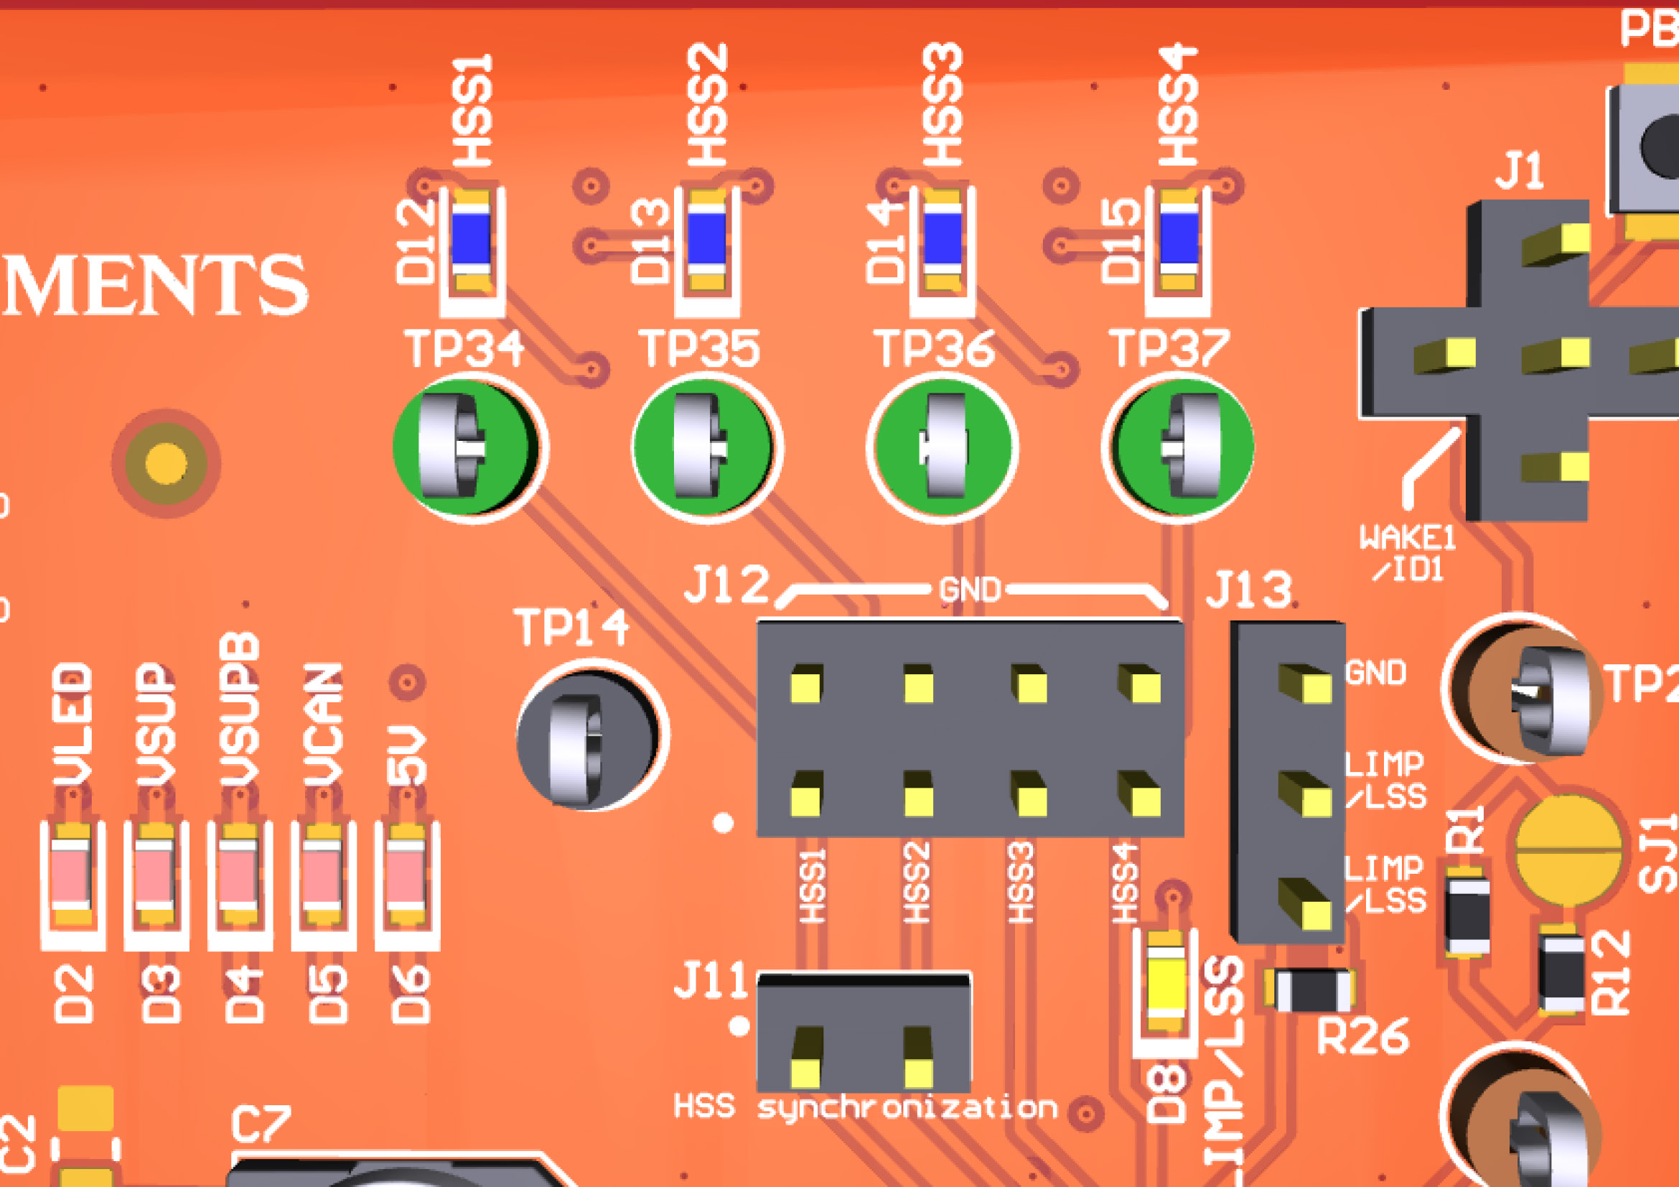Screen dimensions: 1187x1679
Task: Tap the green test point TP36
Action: tap(943, 447)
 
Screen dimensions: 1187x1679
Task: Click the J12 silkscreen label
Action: tap(727, 585)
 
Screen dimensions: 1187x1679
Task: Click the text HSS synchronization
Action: tap(865, 1107)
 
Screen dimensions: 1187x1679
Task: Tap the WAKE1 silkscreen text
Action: tap(1407, 540)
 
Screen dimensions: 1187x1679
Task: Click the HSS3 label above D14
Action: tap(943, 104)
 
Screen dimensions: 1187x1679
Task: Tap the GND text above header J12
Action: tap(970, 590)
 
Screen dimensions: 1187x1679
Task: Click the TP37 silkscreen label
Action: tap(1169, 349)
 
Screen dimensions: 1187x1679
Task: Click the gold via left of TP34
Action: tap(166, 463)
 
